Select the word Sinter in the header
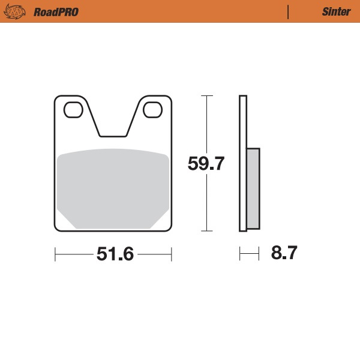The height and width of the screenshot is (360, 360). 332,11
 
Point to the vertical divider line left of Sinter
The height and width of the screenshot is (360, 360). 289,11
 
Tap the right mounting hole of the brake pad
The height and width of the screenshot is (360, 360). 152,110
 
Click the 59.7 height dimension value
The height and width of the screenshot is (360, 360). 206,164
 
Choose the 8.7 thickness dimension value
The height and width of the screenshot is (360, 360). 284,253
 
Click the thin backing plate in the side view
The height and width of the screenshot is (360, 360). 243,162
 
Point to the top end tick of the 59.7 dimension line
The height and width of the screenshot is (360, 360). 206,95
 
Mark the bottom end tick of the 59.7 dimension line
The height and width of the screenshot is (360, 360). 206,230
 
